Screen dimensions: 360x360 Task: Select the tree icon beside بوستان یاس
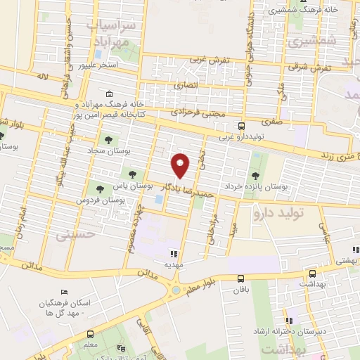[132, 174]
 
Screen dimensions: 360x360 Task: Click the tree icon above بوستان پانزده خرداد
[255, 175]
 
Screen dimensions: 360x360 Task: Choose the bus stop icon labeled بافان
[240, 278]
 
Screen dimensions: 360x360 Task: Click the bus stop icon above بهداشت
[312, 274]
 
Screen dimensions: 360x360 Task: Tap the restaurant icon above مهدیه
[173, 253]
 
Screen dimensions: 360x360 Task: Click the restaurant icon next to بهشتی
[356, 249]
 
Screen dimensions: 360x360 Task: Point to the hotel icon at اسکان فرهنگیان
[65, 292]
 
